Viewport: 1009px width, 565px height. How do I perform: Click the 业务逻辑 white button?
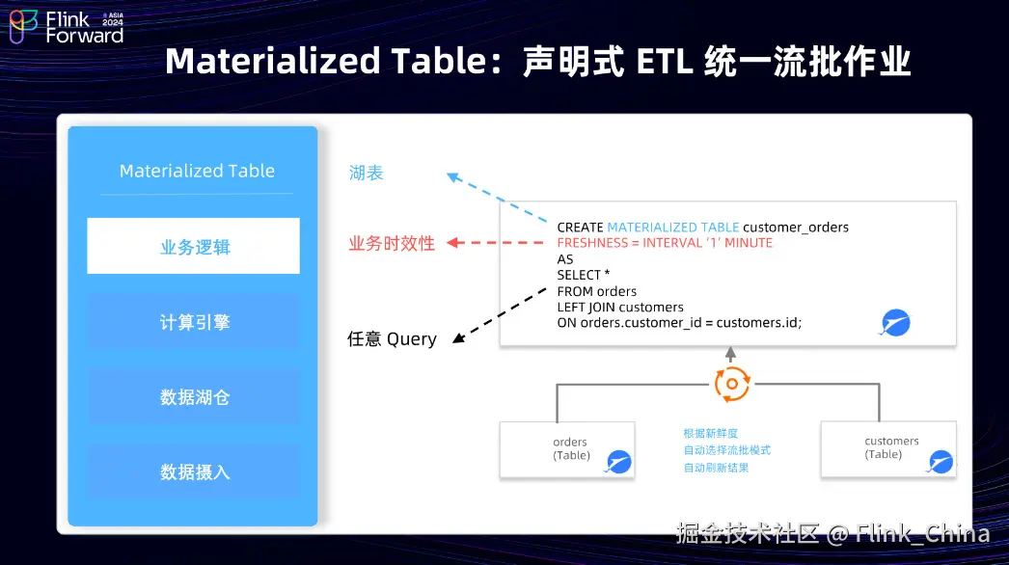194,247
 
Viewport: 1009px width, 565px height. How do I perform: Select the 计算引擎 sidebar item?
194,322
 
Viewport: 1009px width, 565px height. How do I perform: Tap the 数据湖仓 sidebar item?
194,397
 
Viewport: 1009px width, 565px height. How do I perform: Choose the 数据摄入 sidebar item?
194,472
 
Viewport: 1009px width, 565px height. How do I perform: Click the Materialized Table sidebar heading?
197,171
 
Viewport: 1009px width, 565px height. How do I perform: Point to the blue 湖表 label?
367,174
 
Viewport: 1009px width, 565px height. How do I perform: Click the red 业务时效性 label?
392,244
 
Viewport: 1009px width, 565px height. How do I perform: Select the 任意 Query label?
392,339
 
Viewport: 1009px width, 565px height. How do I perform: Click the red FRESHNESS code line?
665,243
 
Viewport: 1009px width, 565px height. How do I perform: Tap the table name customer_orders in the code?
796,228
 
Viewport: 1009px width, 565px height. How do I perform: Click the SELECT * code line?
584,275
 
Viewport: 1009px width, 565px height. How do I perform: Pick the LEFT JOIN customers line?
620,308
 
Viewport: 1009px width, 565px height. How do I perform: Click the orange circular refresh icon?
732,384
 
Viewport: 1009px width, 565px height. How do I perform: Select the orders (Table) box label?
571,448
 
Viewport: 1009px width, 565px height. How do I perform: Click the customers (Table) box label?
891,447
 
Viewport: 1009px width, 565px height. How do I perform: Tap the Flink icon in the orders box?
618,463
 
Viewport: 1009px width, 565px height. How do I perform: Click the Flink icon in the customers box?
940,463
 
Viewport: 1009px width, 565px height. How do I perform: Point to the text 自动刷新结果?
716,468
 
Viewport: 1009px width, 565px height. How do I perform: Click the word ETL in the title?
667,62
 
